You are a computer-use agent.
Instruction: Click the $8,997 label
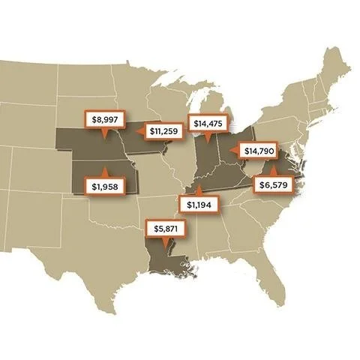click(x=103, y=119)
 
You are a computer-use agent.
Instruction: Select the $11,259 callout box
click(x=162, y=131)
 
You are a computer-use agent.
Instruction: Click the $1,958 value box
click(x=102, y=187)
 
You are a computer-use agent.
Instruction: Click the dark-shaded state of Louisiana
click(x=166, y=259)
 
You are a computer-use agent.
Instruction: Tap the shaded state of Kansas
click(x=112, y=173)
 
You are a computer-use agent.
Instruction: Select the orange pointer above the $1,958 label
click(x=102, y=173)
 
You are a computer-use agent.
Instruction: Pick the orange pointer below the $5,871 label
click(x=163, y=241)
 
